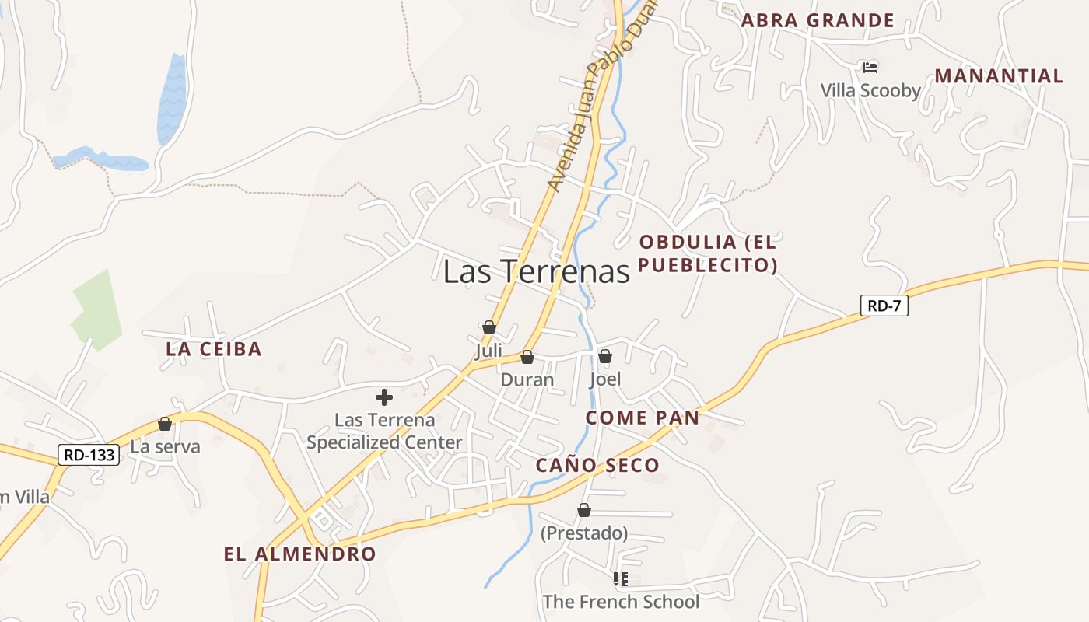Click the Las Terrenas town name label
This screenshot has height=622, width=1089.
536,271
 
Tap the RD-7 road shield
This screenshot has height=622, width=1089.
884,306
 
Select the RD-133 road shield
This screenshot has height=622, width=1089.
89,455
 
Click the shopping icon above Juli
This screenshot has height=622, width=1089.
489,327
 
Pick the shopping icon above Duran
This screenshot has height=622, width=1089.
527,357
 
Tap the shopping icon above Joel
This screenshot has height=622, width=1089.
605,356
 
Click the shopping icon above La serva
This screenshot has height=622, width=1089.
165,424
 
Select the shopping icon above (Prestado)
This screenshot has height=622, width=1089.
584,510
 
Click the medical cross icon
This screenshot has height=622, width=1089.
384,397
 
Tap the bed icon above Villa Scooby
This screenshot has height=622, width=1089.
870,68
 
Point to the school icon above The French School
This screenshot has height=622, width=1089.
621,578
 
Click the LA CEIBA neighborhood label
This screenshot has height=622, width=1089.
214,349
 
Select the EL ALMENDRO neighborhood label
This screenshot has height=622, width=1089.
300,554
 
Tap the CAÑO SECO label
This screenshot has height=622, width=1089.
597,466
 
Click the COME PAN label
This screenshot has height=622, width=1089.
643,418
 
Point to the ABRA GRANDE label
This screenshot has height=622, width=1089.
818,20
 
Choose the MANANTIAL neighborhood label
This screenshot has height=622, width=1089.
999,76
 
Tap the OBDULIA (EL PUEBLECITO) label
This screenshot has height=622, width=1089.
708,253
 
